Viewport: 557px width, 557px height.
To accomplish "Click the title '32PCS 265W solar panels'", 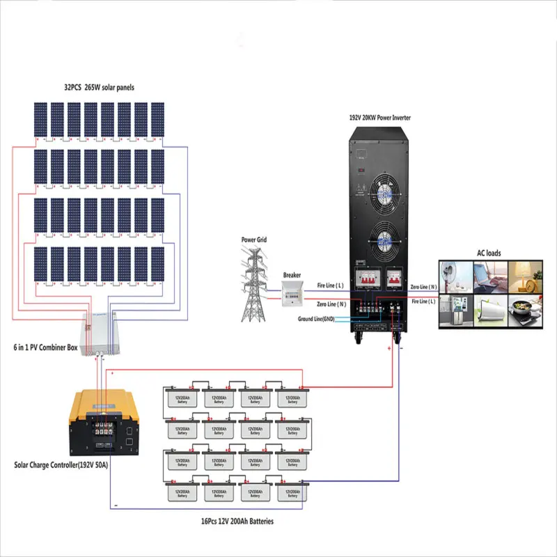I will point(99,88).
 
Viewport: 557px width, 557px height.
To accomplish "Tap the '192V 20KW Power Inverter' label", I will point(379,118).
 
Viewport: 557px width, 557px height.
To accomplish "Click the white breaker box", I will point(292,295).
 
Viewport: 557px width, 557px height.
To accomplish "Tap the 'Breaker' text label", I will point(292,275).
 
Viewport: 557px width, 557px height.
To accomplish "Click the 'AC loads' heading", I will point(488,253).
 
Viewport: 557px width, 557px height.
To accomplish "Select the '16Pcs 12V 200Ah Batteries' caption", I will point(236,520).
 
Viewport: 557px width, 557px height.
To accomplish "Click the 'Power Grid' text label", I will point(254,240).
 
